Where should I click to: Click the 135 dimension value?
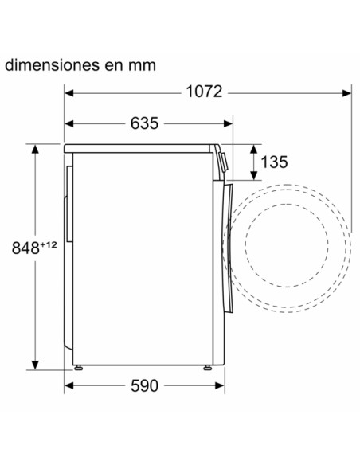click(273, 163)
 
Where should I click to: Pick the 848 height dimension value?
click(25, 247)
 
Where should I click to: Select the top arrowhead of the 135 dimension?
click(254, 149)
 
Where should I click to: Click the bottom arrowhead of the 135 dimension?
click(254, 177)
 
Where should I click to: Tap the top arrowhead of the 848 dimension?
click(36, 149)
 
